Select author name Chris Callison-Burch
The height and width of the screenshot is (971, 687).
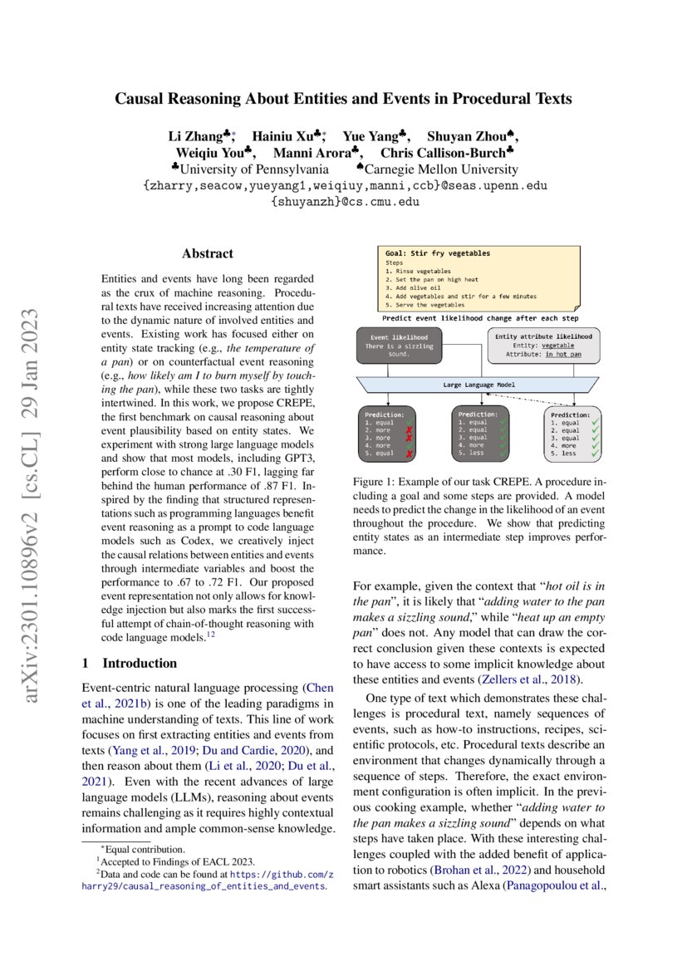[x=443, y=153]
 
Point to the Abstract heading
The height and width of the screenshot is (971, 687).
[x=208, y=254]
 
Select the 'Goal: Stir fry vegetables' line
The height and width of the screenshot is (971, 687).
[x=437, y=253]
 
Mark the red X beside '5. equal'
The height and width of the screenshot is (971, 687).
[x=409, y=454]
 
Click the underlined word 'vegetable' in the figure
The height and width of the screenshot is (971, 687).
[x=562, y=346]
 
